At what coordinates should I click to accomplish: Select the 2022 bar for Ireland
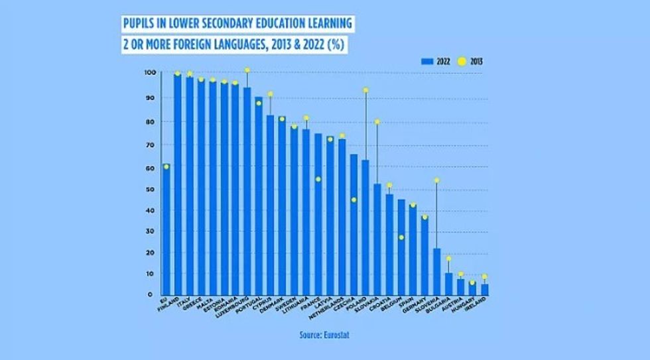tap(485, 289)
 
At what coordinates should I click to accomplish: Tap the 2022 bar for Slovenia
tap(436, 271)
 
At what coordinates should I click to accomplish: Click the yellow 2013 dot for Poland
tap(365, 90)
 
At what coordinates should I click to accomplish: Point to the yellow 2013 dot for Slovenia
tap(436, 180)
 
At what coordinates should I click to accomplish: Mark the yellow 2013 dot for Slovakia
tap(377, 122)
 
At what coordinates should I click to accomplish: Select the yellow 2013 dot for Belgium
tap(401, 237)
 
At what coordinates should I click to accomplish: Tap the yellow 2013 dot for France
tap(318, 179)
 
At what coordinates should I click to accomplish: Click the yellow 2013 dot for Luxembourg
tap(247, 70)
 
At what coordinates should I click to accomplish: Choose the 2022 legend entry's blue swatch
tap(427, 61)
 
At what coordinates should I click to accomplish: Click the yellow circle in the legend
tap(462, 61)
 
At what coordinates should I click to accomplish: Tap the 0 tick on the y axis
tap(151, 294)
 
